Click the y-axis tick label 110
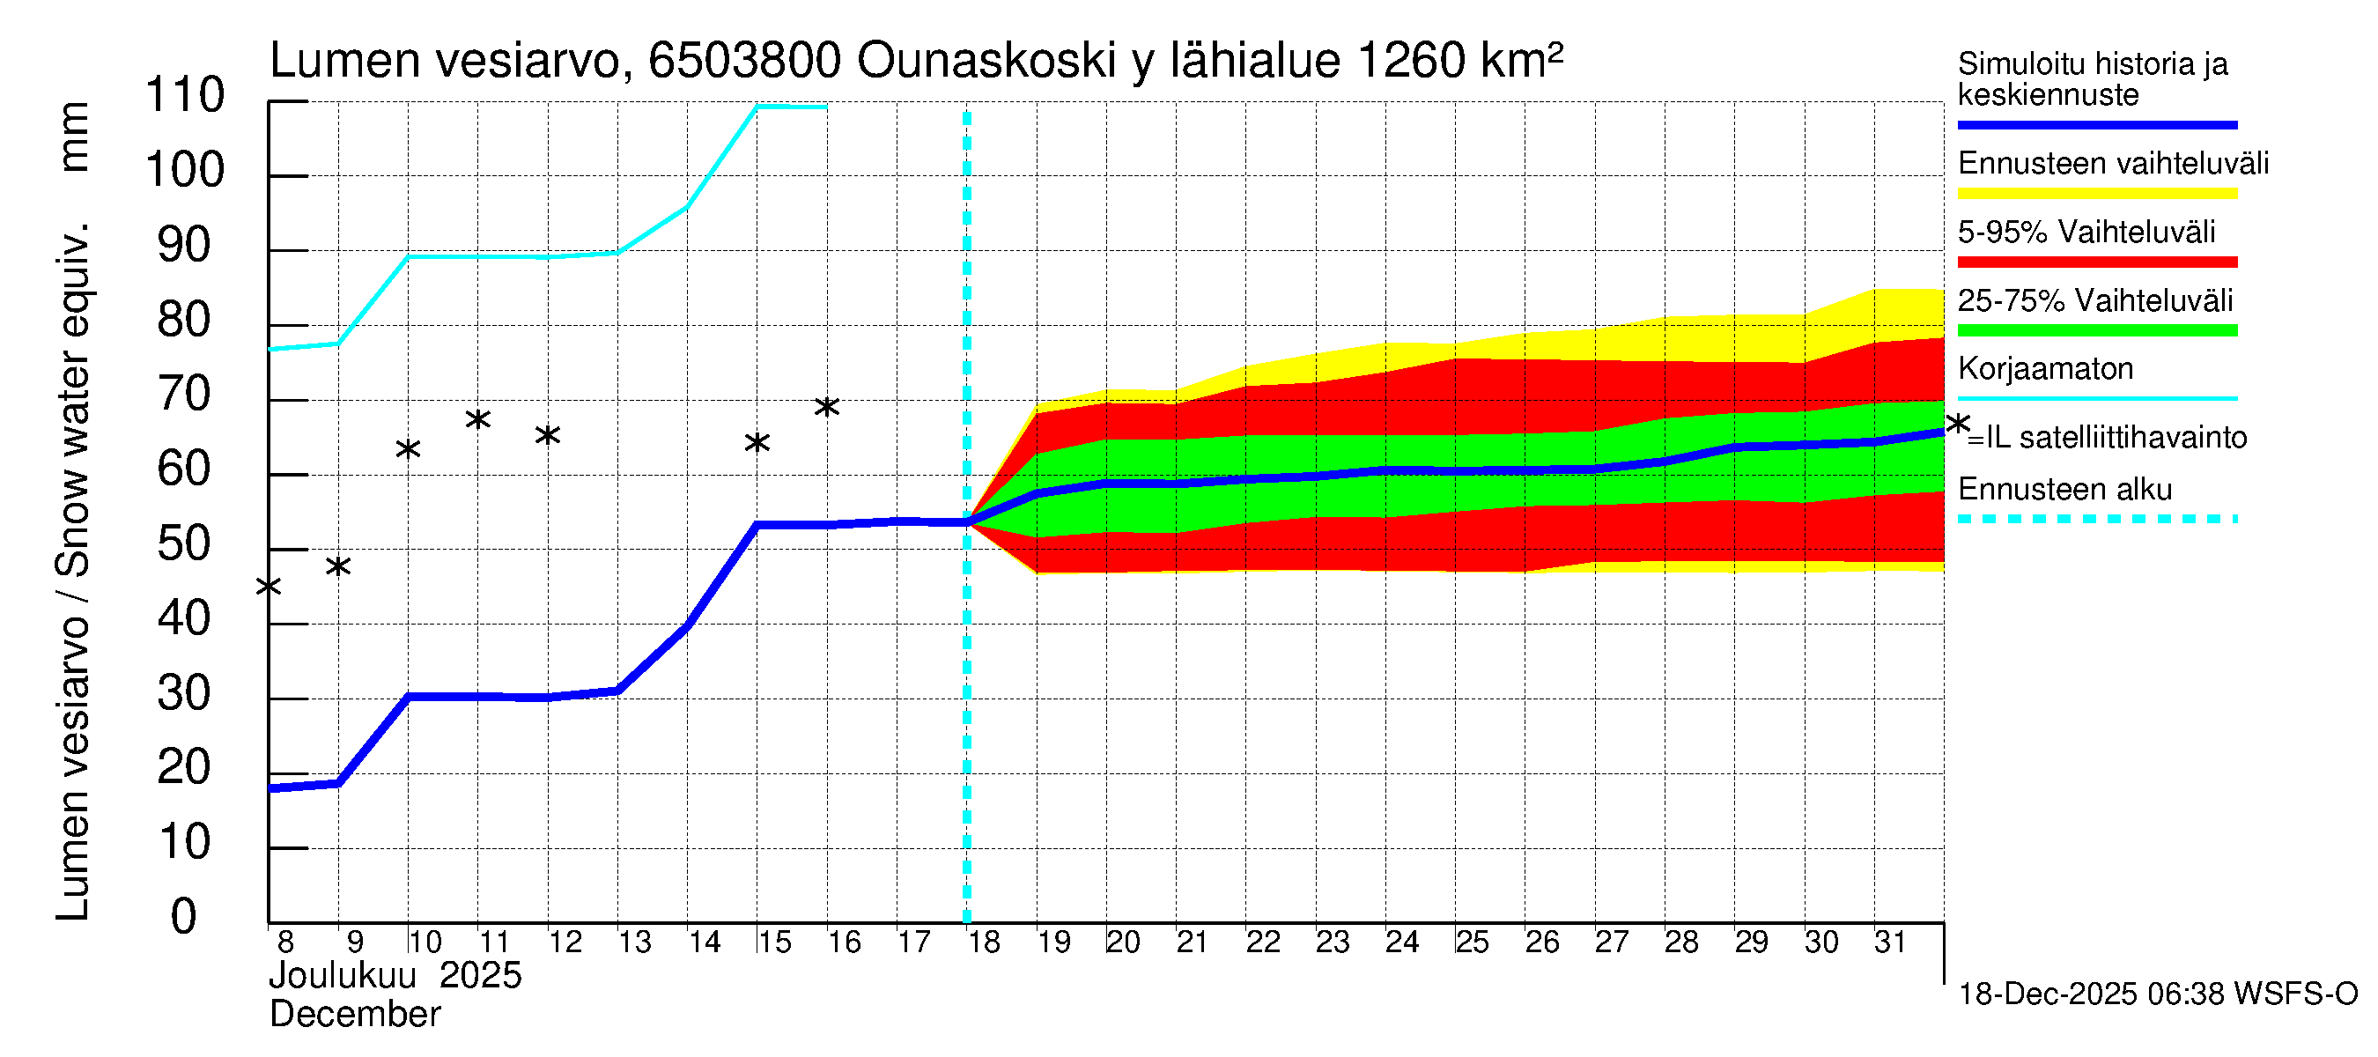pyautogui.click(x=185, y=96)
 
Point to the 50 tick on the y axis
pyautogui.click(x=185, y=544)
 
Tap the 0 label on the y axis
pyautogui.click(x=184, y=917)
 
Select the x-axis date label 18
pyautogui.click(x=984, y=942)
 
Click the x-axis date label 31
pyautogui.click(x=1890, y=942)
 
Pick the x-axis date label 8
pyautogui.click(x=285, y=942)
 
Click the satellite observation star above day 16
pyautogui.click(x=826, y=407)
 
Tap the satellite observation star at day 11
pyautogui.click(x=477, y=420)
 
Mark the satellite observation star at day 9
pyautogui.click(x=338, y=566)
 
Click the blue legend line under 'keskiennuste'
pyautogui.click(x=2096, y=124)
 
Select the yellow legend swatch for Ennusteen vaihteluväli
pyautogui.click(x=2096, y=194)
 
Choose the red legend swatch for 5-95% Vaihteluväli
pyautogui.click(x=2096, y=262)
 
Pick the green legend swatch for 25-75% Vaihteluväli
pyautogui.click(x=2096, y=330)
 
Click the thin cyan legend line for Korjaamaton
pyautogui.click(x=2096, y=399)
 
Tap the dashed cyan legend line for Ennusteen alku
pyautogui.click(x=2096, y=520)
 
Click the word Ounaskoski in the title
pyautogui.click(x=986, y=61)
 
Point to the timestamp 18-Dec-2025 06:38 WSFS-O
pyautogui.click(x=2157, y=994)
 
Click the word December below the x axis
pyautogui.click(x=356, y=1015)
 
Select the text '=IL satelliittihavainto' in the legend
pyautogui.click(x=2108, y=438)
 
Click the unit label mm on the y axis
pyautogui.click(x=74, y=137)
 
